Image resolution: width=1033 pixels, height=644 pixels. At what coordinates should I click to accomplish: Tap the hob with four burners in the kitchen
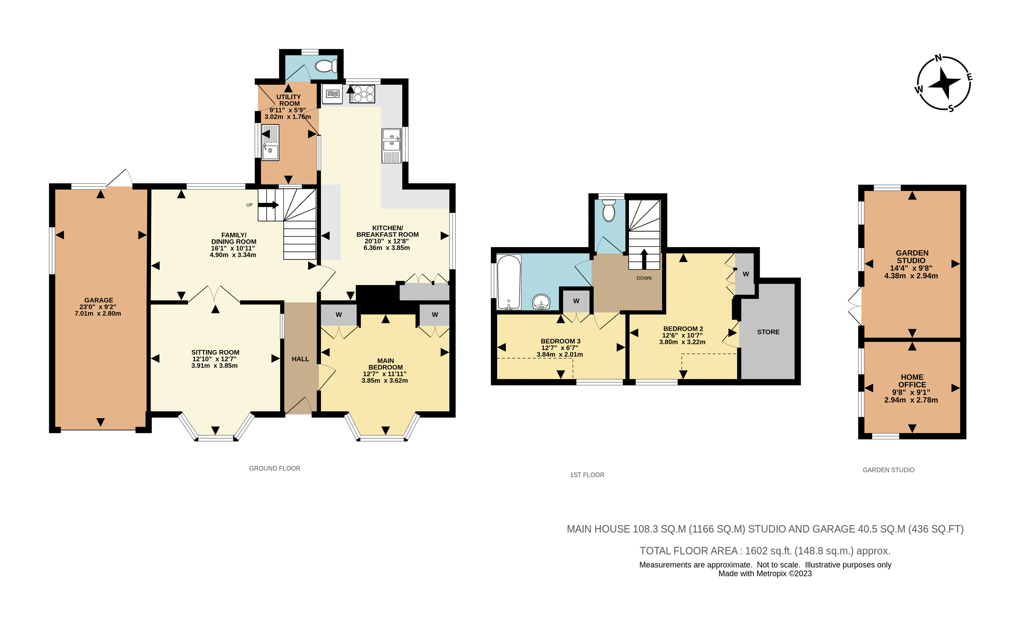(362, 94)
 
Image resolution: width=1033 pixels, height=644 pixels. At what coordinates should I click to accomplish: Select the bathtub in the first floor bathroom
(509, 282)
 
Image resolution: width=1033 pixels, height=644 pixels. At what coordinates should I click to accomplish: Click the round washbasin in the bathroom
(542, 302)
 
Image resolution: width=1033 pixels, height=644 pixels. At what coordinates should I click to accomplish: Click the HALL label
(300, 359)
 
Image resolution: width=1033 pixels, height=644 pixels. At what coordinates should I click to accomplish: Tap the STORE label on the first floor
(768, 332)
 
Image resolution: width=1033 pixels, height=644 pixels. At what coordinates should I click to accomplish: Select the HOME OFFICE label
(912, 381)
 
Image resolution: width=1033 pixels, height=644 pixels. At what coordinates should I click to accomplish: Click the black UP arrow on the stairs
(268, 205)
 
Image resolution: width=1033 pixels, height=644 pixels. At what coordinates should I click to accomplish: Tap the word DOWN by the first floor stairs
(644, 278)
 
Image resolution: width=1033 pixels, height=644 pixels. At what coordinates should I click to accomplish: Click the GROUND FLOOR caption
(275, 468)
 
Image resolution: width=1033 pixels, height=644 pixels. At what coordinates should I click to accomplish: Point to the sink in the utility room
(270, 142)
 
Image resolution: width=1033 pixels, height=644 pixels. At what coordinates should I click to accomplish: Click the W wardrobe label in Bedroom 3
(576, 301)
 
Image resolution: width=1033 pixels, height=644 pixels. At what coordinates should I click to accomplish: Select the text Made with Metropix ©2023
(765, 574)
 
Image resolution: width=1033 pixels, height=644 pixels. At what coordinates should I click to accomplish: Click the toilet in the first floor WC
(609, 211)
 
